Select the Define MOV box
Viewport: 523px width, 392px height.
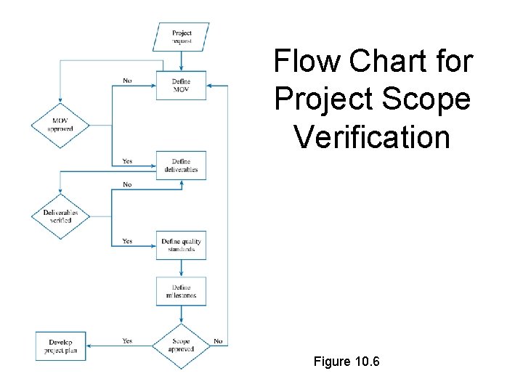pyautogui.click(x=181, y=85)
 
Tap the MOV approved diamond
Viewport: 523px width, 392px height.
pyautogui.click(x=60, y=124)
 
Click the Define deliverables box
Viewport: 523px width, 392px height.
pyautogui.click(x=181, y=166)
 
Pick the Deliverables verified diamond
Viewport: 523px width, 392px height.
pyautogui.click(x=60, y=216)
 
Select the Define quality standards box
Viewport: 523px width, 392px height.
pyautogui.click(x=181, y=245)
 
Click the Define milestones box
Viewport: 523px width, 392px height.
pyautogui.click(x=181, y=291)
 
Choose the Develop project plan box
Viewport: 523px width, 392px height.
pyautogui.click(x=61, y=346)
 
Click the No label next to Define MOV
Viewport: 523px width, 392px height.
pyautogui.click(x=127, y=81)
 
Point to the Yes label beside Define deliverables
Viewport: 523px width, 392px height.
pyautogui.click(x=127, y=161)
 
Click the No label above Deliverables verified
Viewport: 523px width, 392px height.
pyautogui.click(x=127, y=184)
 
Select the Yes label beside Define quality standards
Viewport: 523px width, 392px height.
pyautogui.click(x=127, y=241)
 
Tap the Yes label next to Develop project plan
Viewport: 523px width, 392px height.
pyautogui.click(x=127, y=340)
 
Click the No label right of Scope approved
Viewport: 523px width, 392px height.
pyautogui.click(x=218, y=340)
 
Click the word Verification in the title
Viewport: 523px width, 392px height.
pyautogui.click(x=373, y=136)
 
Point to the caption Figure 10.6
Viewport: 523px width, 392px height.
pyautogui.click(x=347, y=361)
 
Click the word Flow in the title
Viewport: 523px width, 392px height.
pyautogui.click(x=307, y=62)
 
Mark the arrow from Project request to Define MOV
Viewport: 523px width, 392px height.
pyautogui.click(x=181, y=61)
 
